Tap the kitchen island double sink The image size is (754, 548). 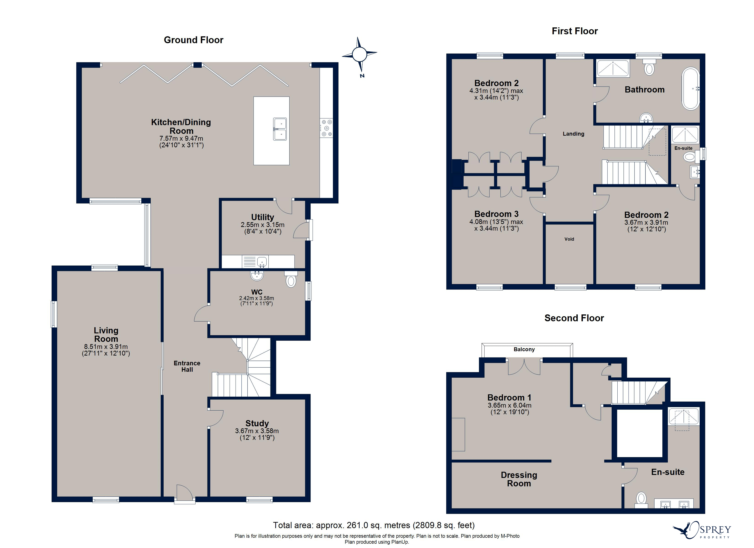[x=280, y=129]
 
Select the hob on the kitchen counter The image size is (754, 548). [x=326, y=128]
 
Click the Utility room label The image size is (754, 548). [x=262, y=217]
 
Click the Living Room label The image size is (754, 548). [x=106, y=334]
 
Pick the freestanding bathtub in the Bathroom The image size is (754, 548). [x=691, y=89]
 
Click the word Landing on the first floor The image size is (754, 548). [x=573, y=134]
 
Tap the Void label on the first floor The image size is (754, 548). [x=569, y=239]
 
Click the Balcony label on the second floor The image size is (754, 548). [x=524, y=349]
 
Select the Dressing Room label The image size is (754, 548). [x=519, y=479]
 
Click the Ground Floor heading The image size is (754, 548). [x=194, y=40]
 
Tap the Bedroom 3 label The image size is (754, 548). [x=496, y=214]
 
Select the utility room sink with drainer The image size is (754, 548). [x=255, y=261]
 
